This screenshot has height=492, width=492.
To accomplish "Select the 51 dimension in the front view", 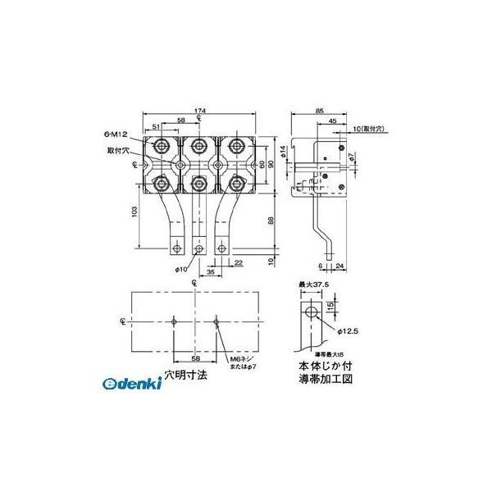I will click(157, 128).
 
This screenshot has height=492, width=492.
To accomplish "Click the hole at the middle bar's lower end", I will click(199, 246).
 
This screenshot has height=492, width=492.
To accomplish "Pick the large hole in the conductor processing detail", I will click(310, 315).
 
